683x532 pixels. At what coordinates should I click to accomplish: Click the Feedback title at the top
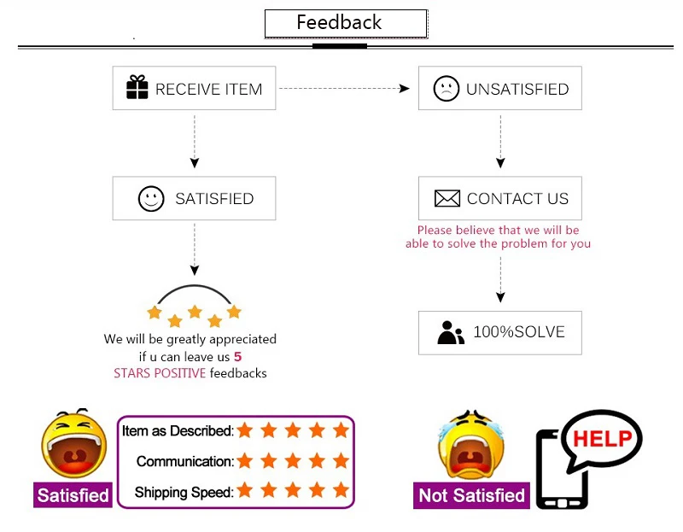coord(340,23)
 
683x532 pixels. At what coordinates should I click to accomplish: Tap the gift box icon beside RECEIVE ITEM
coord(137,88)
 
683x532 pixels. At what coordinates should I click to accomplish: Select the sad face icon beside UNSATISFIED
coord(447,89)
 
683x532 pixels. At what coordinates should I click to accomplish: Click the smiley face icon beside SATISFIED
coord(151,199)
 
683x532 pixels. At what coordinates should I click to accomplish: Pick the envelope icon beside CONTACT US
coord(447,199)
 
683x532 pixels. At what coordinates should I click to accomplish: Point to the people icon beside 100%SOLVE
coord(450,332)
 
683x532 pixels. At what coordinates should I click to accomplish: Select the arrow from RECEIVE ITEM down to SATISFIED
coord(195,142)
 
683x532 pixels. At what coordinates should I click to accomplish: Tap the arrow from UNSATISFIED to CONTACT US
coord(500,142)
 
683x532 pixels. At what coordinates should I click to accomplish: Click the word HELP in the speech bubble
coord(602,439)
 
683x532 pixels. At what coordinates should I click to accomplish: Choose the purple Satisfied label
coord(73,495)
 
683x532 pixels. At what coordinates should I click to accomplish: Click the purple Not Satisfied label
coord(471,495)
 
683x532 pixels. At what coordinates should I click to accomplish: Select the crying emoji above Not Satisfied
coord(469,444)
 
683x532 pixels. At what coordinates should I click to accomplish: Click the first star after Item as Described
coord(245,430)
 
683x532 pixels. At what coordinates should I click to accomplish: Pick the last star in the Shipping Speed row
coord(341,491)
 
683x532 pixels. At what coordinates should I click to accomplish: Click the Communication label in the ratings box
coord(184,461)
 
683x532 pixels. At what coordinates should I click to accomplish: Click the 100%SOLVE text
coord(519,332)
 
